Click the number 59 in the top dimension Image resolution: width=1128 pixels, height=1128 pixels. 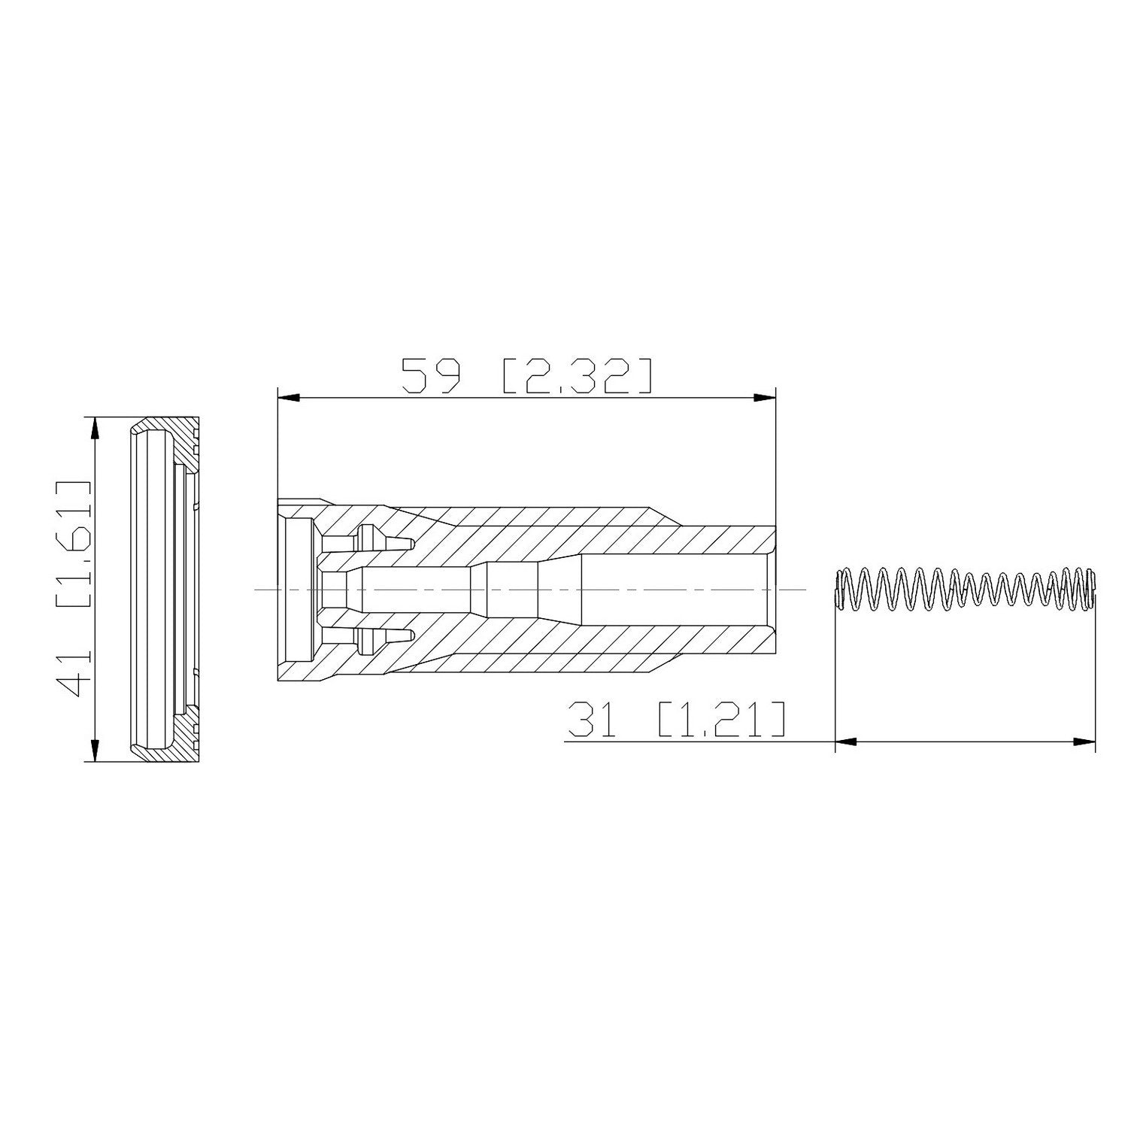click(430, 375)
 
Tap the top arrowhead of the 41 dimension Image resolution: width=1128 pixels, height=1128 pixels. click(94, 429)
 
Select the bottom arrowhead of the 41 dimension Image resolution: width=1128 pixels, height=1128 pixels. click(94, 750)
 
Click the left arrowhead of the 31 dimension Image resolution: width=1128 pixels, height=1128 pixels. click(846, 742)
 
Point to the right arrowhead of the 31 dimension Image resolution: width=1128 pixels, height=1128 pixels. click(1084, 742)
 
